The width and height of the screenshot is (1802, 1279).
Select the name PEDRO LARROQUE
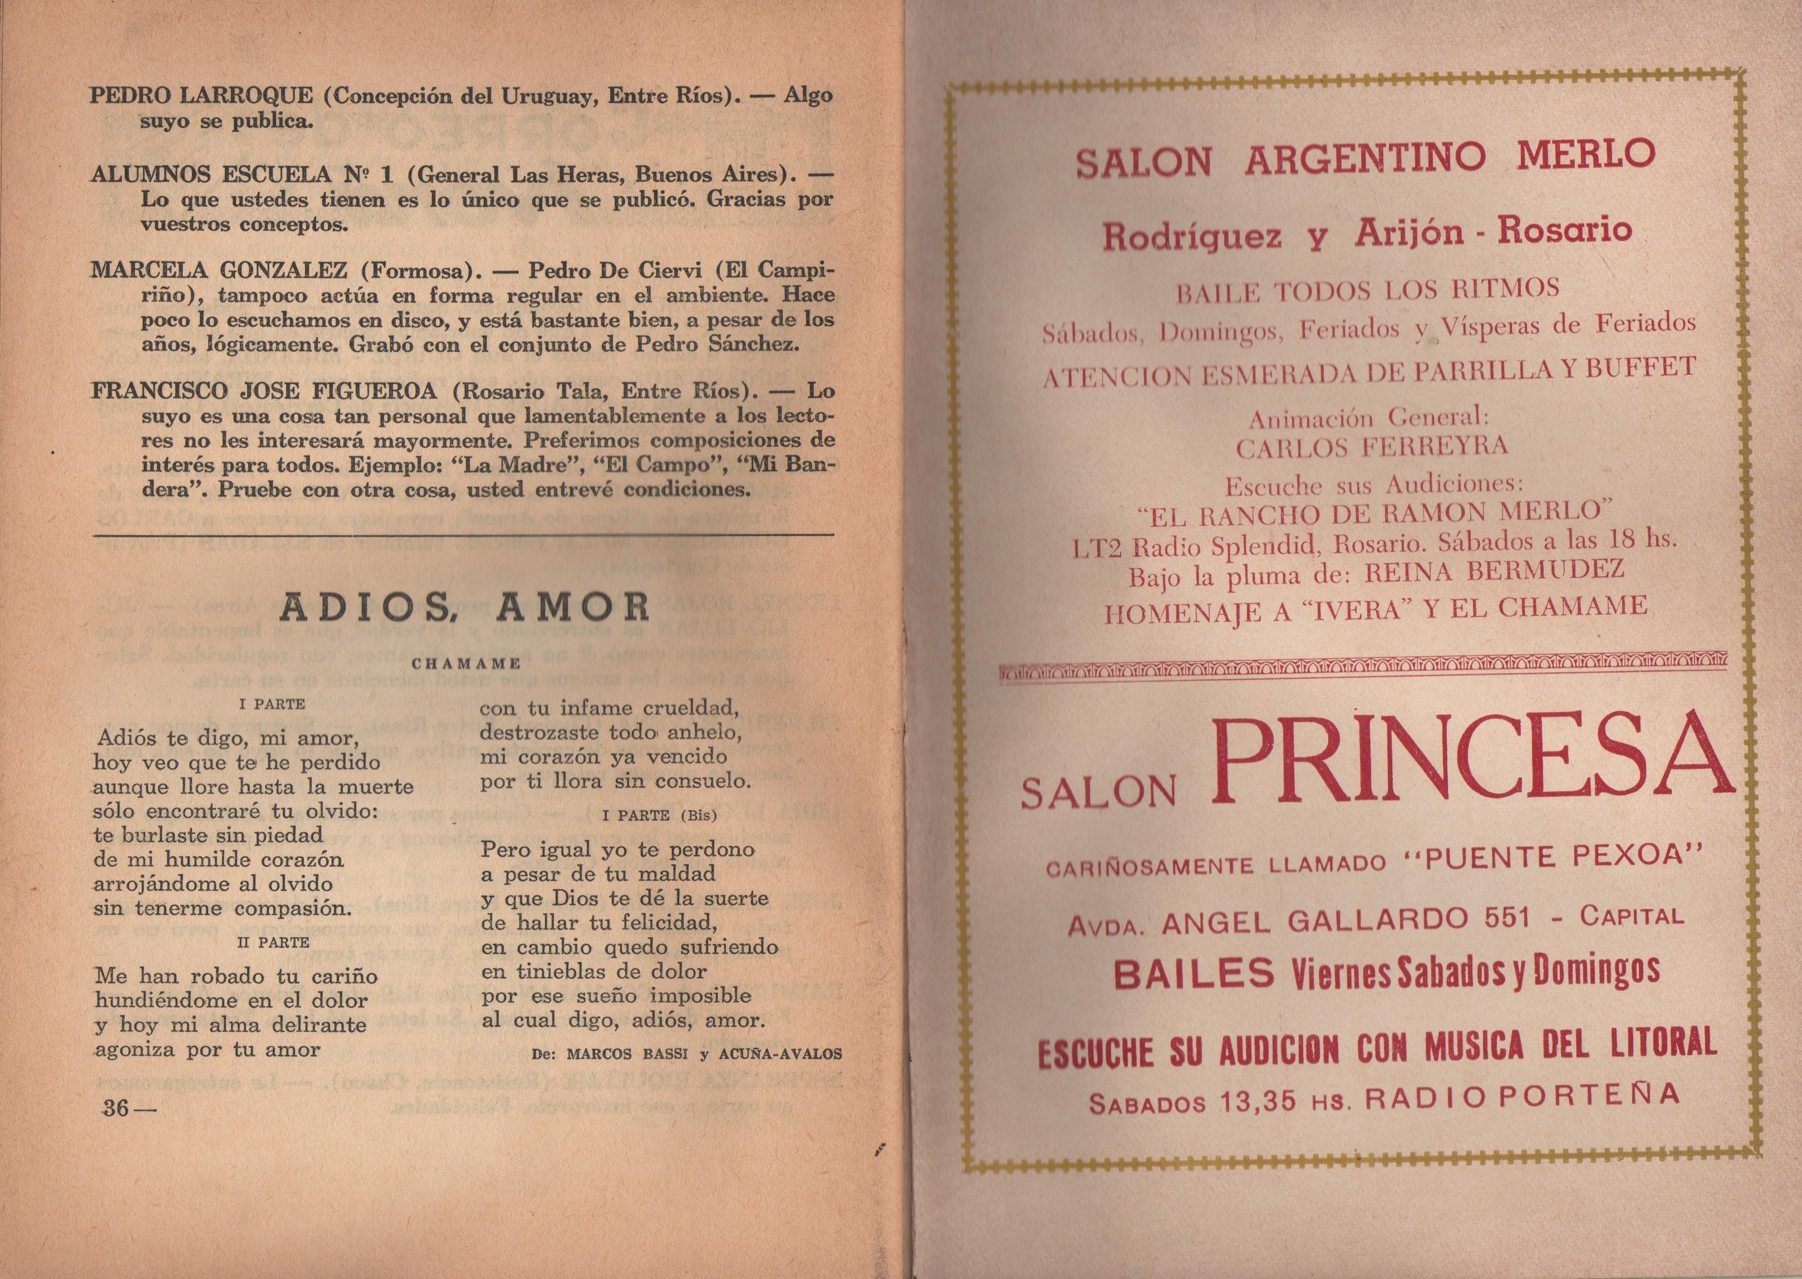tap(202, 97)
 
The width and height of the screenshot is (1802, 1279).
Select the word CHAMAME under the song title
tap(466, 663)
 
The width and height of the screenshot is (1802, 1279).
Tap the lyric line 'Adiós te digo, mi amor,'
tap(227, 739)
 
